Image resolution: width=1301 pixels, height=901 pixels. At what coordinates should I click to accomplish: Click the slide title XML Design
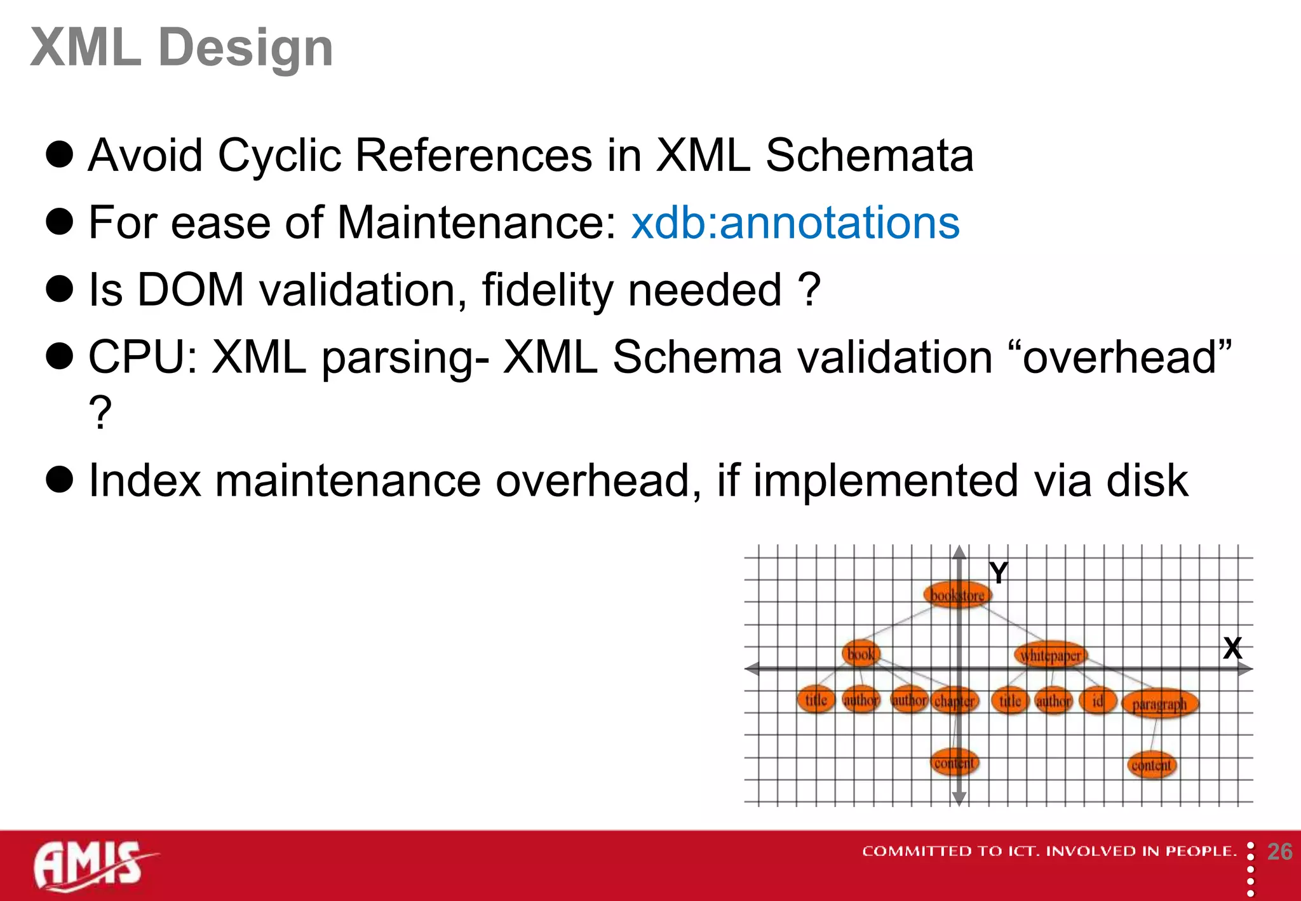182,48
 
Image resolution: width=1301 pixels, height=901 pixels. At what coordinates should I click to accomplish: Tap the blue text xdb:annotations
795,223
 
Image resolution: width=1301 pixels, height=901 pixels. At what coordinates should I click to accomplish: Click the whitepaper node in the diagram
1051,655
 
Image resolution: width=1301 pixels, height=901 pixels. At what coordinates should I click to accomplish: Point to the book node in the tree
861,654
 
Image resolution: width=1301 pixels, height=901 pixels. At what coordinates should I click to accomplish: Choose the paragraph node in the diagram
1159,704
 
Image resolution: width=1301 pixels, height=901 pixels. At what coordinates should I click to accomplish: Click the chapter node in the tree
955,701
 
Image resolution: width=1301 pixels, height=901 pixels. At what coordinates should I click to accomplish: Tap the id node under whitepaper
1097,700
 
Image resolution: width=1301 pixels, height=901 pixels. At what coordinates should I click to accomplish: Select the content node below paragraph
1151,765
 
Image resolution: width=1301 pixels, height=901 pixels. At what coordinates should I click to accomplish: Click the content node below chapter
954,762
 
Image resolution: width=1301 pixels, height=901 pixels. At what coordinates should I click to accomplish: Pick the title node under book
816,700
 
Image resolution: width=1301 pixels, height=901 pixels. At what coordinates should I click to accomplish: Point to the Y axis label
999,573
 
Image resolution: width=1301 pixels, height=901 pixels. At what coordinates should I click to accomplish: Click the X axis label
1232,648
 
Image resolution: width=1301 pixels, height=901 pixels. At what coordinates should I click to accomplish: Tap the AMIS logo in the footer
89,865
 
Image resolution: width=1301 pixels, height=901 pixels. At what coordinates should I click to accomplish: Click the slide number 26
1279,851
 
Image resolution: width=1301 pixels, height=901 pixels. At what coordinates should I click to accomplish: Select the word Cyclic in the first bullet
280,156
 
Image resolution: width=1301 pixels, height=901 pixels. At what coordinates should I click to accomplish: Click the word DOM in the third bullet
191,290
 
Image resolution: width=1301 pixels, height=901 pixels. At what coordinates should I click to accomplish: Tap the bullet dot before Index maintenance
60,479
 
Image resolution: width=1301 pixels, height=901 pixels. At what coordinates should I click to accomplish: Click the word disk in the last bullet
1147,481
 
